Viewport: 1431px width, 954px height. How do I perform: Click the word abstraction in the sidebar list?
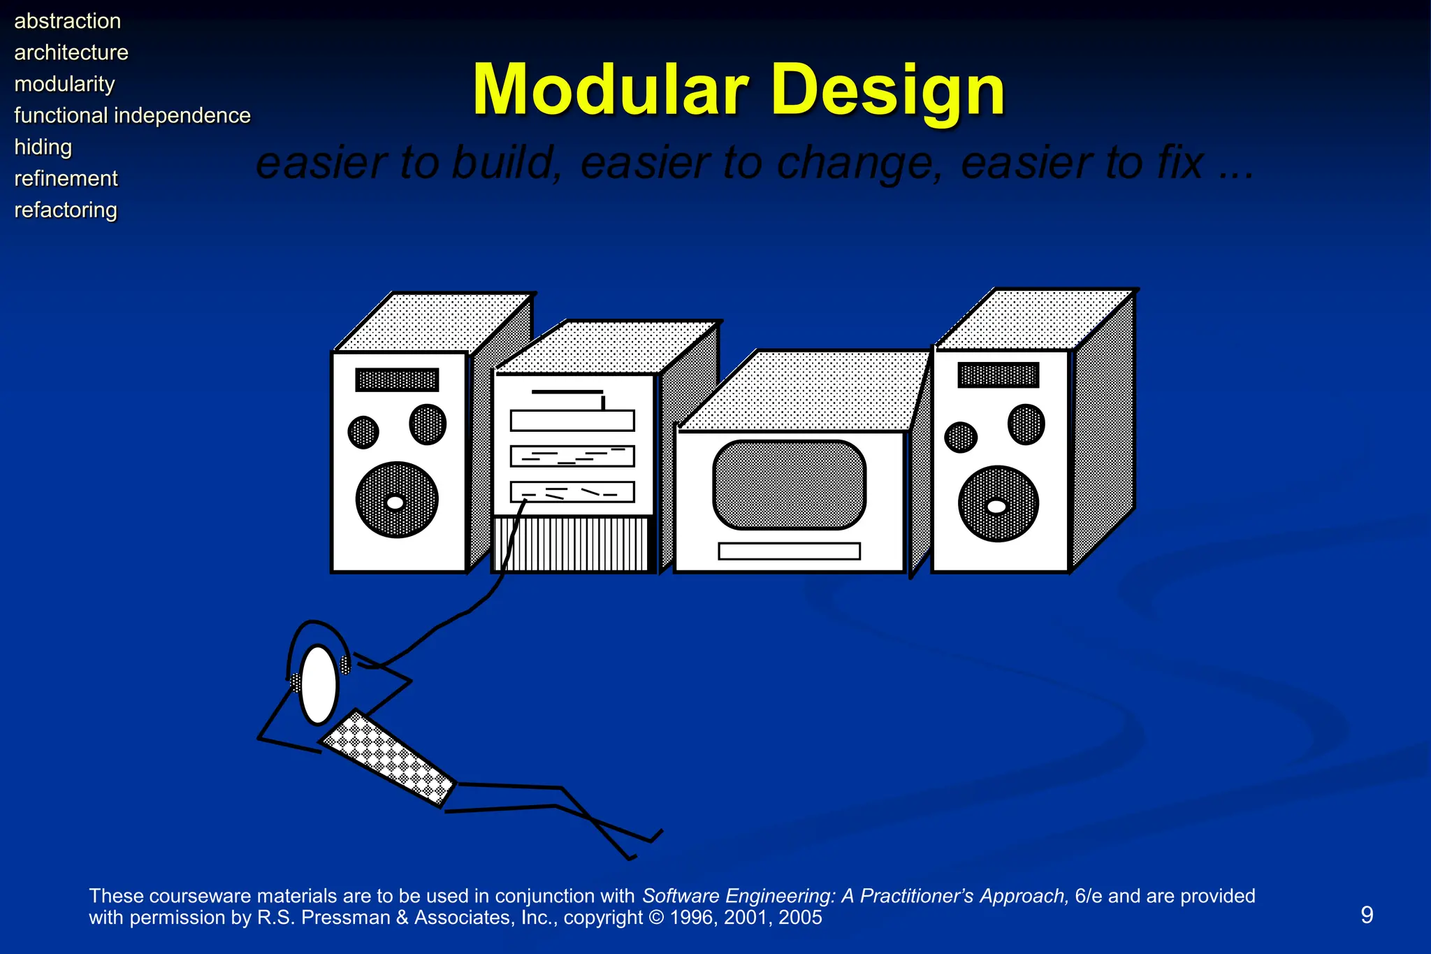[x=67, y=21]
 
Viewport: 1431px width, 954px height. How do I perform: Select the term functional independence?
[x=132, y=115]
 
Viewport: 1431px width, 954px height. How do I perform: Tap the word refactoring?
[x=66, y=210]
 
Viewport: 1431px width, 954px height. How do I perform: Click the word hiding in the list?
[x=43, y=147]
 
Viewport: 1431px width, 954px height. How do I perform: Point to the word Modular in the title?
[x=610, y=91]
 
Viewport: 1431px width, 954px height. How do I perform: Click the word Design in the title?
[x=888, y=91]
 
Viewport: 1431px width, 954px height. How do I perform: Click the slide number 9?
[x=1367, y=915]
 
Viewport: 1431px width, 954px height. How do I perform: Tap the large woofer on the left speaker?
[x=396, y=500]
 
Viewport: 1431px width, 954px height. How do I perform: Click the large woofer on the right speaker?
[x=998, y=504]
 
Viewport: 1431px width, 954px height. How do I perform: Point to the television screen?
[x=789, y=484]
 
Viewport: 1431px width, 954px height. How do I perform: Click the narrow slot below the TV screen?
[x=789, y=551]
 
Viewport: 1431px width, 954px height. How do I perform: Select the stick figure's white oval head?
[x=319, y=685]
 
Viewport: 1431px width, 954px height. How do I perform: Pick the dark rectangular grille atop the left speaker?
[x=397, y=380]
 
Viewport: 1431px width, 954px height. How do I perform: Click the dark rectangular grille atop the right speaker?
[x=998, y=375]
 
